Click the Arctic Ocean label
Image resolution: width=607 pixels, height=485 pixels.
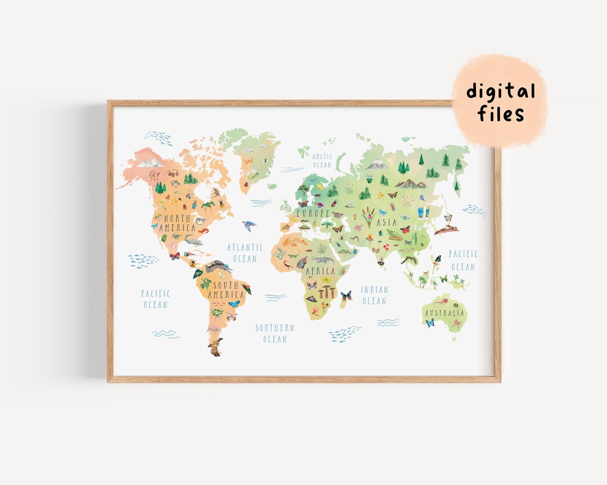pos(322,161)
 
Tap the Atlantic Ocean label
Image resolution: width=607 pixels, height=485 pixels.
pos(244,253)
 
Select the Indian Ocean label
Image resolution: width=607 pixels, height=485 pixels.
pos(374,295)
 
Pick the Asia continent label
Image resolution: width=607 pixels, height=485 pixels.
pos(387,222)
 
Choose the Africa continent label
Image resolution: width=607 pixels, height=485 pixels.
pos(320,271)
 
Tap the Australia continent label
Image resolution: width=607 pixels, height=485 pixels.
pos(445,313)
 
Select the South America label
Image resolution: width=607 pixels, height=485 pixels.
pos(226,290)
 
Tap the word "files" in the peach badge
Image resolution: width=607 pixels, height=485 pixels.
pos(501,114)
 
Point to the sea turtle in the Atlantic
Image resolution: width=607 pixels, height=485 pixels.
pos(249,225)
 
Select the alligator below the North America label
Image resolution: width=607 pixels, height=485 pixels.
pos(192,240)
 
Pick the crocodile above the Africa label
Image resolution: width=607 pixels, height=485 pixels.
pos(323,260)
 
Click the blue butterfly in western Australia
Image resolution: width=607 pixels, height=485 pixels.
pos(430,323)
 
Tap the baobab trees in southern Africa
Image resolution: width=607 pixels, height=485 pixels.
pos(327,291)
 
